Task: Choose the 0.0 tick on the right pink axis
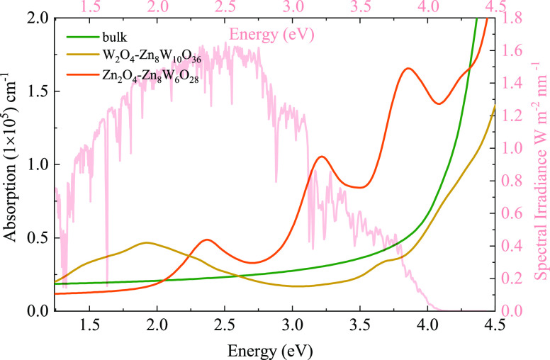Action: [512, 310]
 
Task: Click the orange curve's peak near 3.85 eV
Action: [408, 68]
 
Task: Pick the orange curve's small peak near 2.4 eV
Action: [206, 240]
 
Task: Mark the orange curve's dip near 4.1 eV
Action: [439, 103]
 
